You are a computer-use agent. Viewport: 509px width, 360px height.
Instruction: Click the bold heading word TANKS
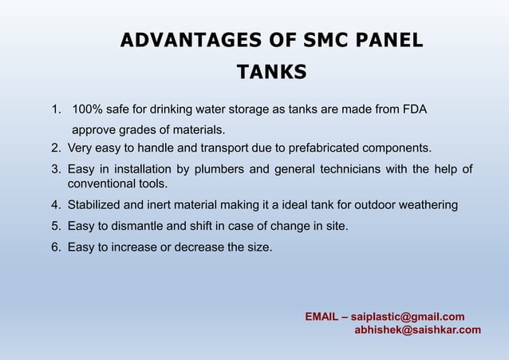coord(272,73)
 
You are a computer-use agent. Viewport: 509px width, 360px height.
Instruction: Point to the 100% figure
coord(87,109)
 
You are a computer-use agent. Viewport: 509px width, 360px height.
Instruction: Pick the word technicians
coord(350,168)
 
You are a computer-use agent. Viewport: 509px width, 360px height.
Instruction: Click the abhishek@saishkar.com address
coord(417,330)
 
